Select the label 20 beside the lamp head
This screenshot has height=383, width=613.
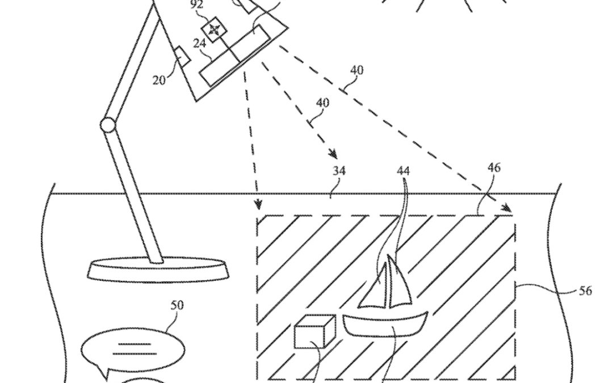(159, 79)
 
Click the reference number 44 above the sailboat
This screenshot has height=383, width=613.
(404, 170)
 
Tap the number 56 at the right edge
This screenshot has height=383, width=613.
(585, 291)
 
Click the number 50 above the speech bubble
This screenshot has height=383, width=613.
(177, 305)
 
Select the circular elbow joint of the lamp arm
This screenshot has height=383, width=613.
(107, 125)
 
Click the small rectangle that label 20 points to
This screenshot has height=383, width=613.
(181, 56)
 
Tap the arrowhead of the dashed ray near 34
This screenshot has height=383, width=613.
(333, 154)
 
